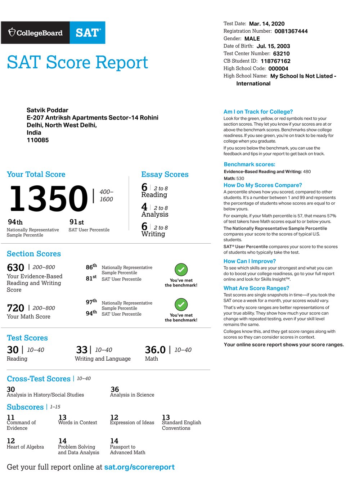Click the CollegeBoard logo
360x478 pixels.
[35, 33]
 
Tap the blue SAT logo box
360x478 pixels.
[87, 33]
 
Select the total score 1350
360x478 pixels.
[49, 198]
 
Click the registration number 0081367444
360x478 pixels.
[291, 31]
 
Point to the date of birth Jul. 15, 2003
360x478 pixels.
[273, 46]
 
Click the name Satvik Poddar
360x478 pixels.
[48, 110]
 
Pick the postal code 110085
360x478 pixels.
[38, 140]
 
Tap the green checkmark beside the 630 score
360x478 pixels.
[181, 270]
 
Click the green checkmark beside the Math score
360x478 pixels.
[181, 305]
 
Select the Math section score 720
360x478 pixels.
[15, 308]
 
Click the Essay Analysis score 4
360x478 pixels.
[144, 207]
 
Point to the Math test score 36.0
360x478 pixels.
[155, 350]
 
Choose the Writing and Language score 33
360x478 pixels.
[82, 350]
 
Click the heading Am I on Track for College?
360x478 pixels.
[258, 112]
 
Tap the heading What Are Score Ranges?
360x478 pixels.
[256, 288]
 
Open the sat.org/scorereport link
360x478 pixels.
[139, 467]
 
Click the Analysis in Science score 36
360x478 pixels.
[114, 389]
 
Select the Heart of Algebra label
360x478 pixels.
[25, 447]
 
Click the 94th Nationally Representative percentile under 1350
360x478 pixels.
[15, 222]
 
